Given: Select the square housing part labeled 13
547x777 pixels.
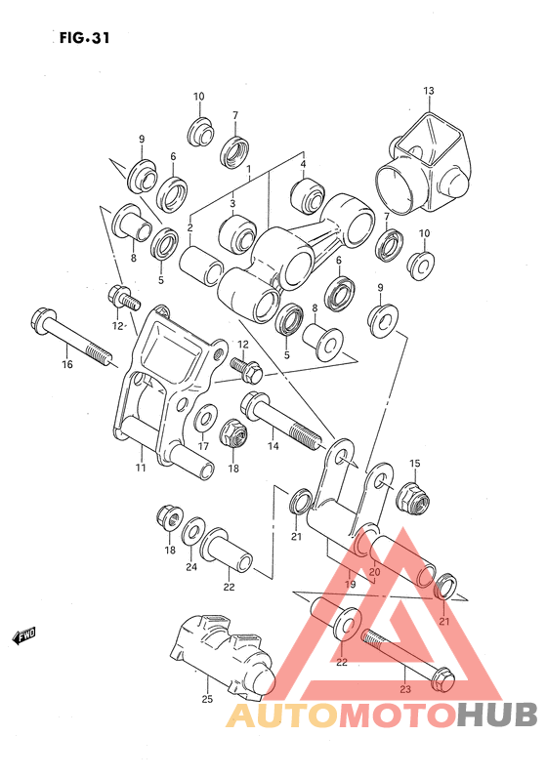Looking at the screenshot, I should pyautogui.click(x=422, y=161).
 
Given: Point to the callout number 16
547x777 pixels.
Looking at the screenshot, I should pyautogui.click(x=67, y=365).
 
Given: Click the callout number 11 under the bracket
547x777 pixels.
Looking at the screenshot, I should pyautogui.click(x=141, y=469).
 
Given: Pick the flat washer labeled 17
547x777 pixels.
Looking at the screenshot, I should pyautogui.click(x=205, y=421).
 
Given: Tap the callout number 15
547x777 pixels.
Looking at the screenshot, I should pyautogui.click(x=414, y=463).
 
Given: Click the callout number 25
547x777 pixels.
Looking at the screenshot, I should pyautogui.click(x=206, y=699).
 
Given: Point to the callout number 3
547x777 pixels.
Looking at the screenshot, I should pyautogui.click(x=232, y=203).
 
